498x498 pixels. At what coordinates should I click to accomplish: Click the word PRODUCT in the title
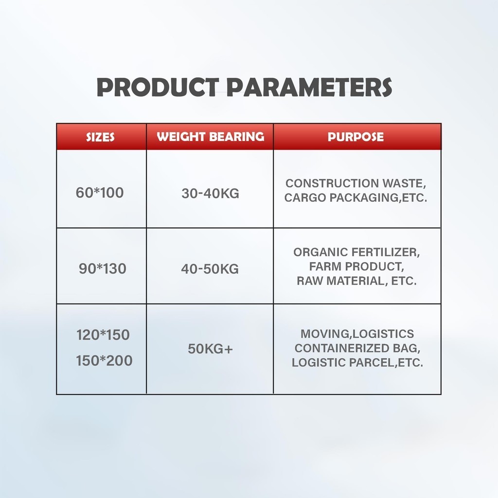tap(158, 87)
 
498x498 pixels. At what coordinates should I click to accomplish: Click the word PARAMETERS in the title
tap(309, 87)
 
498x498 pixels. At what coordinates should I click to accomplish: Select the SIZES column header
tap(100, 137)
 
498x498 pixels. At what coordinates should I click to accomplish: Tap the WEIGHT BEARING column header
tap(210, 137)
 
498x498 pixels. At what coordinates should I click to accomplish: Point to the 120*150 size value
tap(103, 335)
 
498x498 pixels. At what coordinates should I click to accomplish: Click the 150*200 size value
tap(104, 361)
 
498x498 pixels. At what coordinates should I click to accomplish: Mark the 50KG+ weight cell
tap(210, 349)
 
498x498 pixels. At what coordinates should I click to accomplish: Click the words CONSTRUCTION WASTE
tap(356, 183)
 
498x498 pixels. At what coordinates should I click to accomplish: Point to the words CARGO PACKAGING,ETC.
tap(356, 198)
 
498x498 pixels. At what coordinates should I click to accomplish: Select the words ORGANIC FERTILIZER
tap(356, 252)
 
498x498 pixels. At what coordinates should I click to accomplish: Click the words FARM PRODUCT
tap(356, 267)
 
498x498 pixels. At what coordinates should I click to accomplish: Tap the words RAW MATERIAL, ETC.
tap(356, 281)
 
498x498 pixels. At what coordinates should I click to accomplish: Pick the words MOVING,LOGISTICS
tap(357, 334)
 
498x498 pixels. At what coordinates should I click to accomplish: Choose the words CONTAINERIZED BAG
tap(357, 348)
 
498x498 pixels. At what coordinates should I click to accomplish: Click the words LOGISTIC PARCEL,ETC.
tap(357, 363)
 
